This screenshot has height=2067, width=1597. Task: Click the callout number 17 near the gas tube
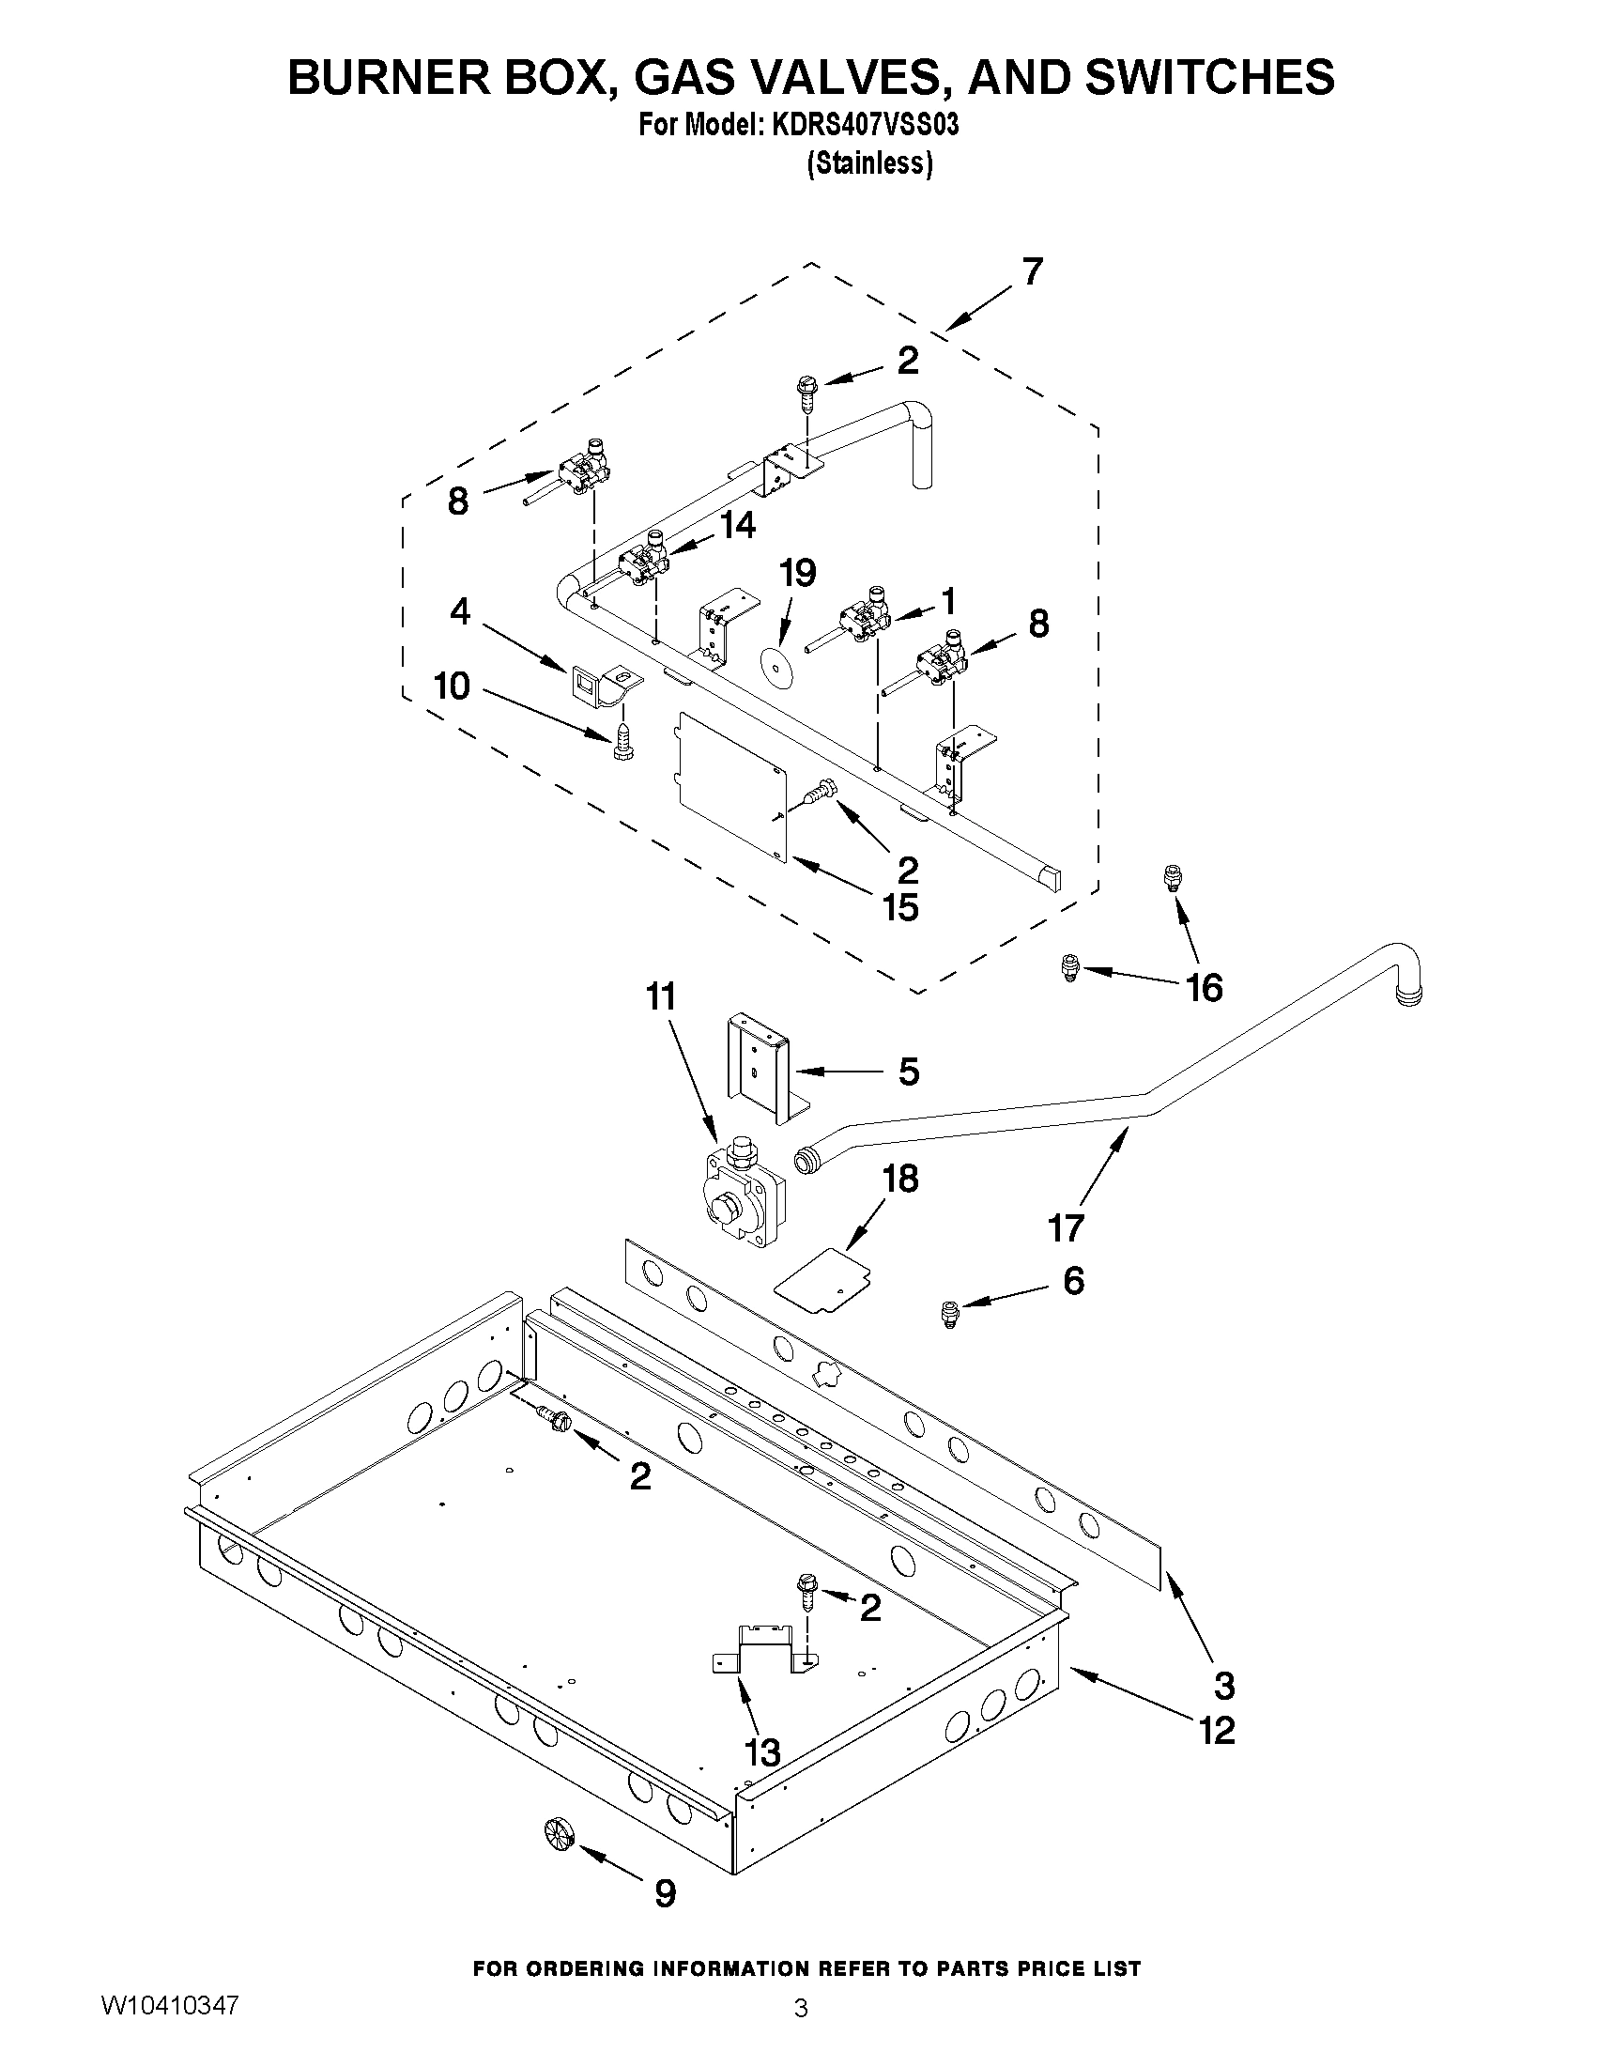[1066, 1228]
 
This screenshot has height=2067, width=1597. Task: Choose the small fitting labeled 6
[947, 1313]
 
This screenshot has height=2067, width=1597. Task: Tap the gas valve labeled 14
[644, 563]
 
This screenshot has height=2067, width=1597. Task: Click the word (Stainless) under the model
[869, 163]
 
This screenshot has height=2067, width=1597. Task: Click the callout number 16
[1205, 988]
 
